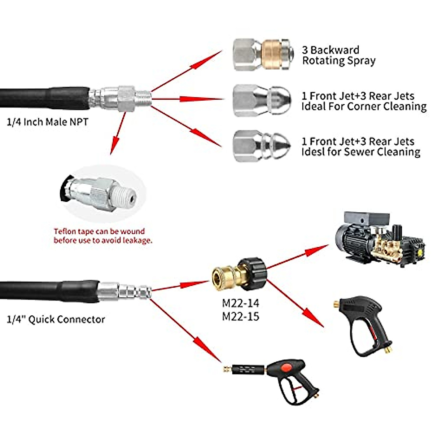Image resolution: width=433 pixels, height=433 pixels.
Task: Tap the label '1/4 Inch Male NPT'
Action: pos(47,122)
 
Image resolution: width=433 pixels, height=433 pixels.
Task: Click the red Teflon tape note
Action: pos(103,236)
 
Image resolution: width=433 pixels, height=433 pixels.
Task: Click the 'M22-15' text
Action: pos(240,316)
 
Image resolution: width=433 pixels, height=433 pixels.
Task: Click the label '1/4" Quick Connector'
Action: pos(56,319)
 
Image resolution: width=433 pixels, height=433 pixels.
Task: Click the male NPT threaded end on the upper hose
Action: pos(143,98)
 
